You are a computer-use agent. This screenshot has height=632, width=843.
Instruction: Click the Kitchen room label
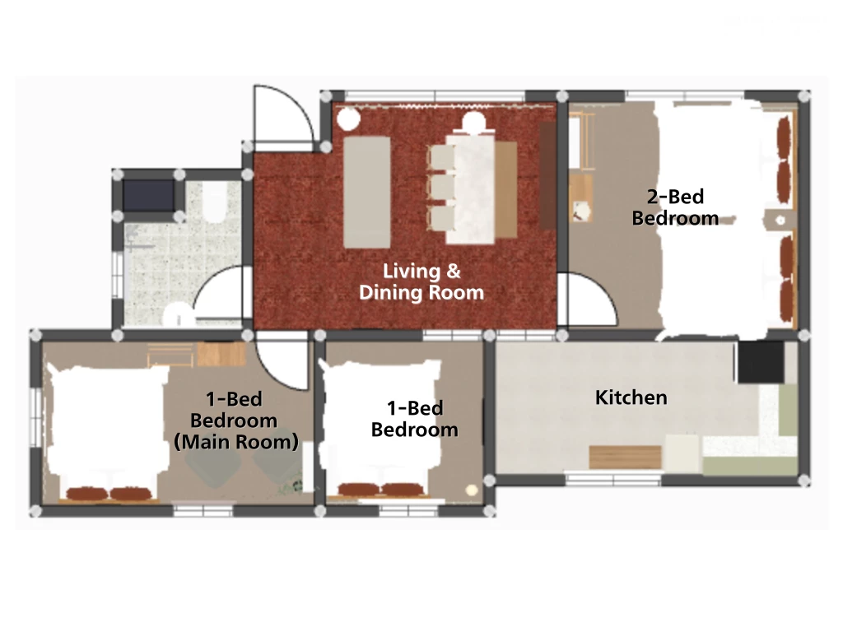tap(631, 397)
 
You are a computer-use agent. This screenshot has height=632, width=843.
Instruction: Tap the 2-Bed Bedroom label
tap(675, 207)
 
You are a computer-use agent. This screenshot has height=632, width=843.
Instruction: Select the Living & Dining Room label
tap(421, 281)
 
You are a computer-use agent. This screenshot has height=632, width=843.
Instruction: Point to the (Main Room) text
tap(236, 442)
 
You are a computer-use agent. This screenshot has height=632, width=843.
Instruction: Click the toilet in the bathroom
tap(215, 202)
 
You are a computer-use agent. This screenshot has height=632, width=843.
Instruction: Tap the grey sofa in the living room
tap(366, 192)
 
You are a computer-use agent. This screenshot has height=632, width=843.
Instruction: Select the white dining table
tap(471, 188)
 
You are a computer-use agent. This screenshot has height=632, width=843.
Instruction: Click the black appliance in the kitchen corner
tap(760, 362)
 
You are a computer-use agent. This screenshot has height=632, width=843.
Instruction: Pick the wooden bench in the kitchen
tap(625, 457)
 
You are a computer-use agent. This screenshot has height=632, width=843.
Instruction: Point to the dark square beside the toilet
tap(148, 196)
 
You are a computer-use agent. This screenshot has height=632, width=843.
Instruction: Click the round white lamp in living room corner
tap(348, 118)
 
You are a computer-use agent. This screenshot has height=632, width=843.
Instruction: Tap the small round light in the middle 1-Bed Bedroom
tap(472, 490)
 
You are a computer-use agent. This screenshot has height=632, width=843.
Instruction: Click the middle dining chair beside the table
tap(442, 187)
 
